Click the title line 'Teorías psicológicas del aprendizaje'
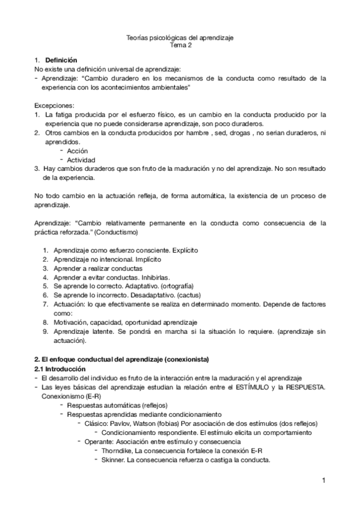point(181,37)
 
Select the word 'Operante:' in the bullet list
point(98,441)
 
